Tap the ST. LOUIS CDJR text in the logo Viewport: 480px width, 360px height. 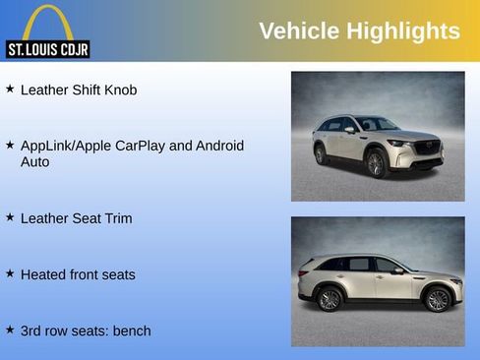tap(47, 49)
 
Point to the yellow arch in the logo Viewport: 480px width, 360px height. tap(47, 20)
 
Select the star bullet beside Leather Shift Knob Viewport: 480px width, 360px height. tap(10, 89)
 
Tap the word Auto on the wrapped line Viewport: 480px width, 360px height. tap(35, 161)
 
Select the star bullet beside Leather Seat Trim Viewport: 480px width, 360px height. tap(10, 216)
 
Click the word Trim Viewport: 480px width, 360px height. tap(117, 218)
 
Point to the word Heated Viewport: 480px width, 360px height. tap(43, 274)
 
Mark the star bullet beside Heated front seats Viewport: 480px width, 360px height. tap(10, 272)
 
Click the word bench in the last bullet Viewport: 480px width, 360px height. tap(132, 330)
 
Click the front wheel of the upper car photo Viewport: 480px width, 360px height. tap(376, 163)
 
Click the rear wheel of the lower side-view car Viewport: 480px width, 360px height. tap(330, 299)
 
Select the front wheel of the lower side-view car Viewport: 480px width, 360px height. tap(435, 299)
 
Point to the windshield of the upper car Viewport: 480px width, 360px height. tap(378, 124)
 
